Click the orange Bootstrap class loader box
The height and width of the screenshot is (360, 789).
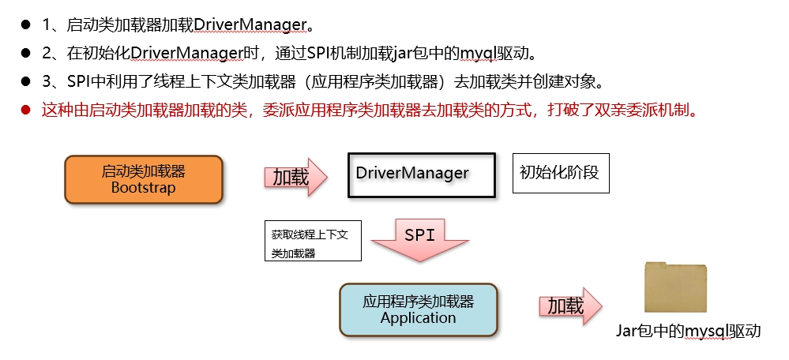pos(144,179)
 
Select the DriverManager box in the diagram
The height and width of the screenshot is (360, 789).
pos(422,174)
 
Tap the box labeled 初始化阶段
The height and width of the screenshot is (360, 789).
pos(561,173)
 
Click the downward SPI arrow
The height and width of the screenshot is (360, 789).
pos(419,240)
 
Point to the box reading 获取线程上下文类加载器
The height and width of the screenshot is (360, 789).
pos(313,240)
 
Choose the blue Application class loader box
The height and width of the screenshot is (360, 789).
pos(418,309)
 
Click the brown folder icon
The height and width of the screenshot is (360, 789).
pos(675,287)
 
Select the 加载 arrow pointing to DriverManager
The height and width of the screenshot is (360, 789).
pos(296,177)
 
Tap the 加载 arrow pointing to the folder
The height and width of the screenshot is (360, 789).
pos(570,306)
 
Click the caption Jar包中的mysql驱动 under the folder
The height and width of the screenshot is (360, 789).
pos(689,332)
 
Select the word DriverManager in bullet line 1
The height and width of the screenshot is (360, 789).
pos(250,24)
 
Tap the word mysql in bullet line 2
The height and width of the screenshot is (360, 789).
pos(479,54)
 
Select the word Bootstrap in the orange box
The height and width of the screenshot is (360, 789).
pos(144,188)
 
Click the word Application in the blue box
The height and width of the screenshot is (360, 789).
pos(418,318)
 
